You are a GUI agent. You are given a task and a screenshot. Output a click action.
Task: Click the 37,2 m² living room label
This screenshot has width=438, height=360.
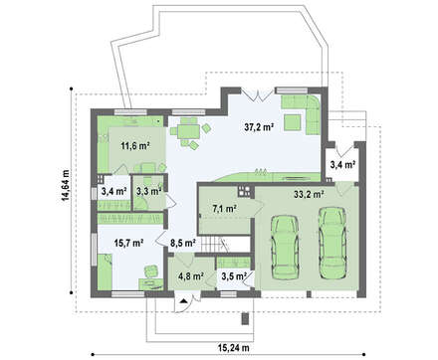pyautogui.click(x=259, y=126)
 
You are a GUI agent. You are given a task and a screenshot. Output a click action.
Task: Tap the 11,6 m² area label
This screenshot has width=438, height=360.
pyautogui.click(x=135, y=145)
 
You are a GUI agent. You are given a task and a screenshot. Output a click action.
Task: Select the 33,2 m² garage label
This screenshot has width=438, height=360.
pyautogui.click(x=309, y=194)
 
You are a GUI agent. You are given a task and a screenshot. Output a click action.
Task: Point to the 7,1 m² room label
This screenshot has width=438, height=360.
pyautogui.click(x=224, y=209)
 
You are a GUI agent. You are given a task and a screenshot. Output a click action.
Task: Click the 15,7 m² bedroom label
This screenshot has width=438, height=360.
pyautogui.click(x=129, y=243)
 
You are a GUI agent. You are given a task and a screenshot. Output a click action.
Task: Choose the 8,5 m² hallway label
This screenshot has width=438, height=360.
pyautogui.click(x=182, y=243)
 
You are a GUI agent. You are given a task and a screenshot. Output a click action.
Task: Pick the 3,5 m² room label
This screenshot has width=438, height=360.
pyautogui.click(x=234, y=275)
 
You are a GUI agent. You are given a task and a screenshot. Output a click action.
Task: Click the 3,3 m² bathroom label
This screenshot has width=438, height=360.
pyautogui.click(x=148, y=191)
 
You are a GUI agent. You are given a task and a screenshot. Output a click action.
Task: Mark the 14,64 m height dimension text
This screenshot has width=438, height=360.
pyautogui.click(x=66, y=185)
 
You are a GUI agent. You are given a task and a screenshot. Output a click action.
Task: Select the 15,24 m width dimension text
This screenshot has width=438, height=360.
pyautogui.click(x=234, y=348)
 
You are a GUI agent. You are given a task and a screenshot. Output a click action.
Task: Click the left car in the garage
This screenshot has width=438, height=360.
pyautogui.click(x=285, y=248)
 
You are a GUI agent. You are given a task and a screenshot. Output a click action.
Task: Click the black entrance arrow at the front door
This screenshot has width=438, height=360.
pyautogui.click(x=183, y=301)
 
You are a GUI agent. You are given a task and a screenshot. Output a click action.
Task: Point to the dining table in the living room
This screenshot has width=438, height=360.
pyautogui.click(x=188, y=131)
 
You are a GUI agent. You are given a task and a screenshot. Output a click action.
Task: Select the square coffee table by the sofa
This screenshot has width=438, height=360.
pyautogui.click(x=293, y=121)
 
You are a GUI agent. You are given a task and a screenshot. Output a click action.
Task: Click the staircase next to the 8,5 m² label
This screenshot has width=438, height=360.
pyautogui.click(x=213, y=244)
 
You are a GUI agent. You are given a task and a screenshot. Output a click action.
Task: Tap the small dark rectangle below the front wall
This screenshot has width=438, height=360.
pyautogui.click(x=245, y=318)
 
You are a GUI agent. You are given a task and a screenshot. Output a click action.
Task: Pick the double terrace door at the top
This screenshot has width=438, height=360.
pyautogui.click(x=258, y=94)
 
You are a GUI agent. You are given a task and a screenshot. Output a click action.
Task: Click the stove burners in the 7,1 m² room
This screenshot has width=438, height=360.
pyautogui.click(x=244, y=191)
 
